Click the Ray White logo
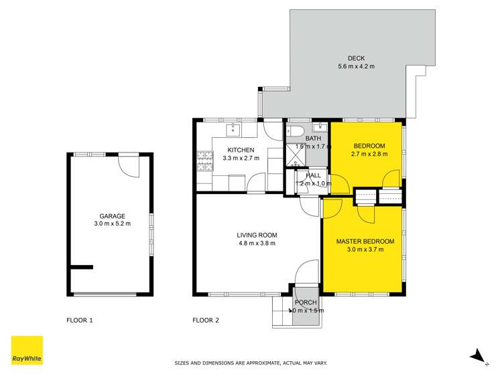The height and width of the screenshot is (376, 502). (27, 350)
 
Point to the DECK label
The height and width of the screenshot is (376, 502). (356, 58)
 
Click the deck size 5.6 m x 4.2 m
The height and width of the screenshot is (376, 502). (356, 66)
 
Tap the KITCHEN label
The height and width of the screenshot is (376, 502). (241, 150)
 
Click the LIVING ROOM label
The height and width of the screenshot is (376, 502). (257, 235)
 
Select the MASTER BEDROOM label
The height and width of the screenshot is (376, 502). (365, 242)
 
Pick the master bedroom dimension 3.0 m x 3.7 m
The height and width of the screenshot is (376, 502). (365, 250)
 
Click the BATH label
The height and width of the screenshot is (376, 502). (313, 138)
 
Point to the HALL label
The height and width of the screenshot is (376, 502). (313, 175)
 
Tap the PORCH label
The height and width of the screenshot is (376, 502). (306, 302)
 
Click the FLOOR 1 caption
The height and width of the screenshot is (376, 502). (80, 320)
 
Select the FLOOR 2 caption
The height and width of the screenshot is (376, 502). (206, 320)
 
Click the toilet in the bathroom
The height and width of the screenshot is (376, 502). (298, 130)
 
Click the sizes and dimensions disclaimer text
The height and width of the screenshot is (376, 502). (251, 363)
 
